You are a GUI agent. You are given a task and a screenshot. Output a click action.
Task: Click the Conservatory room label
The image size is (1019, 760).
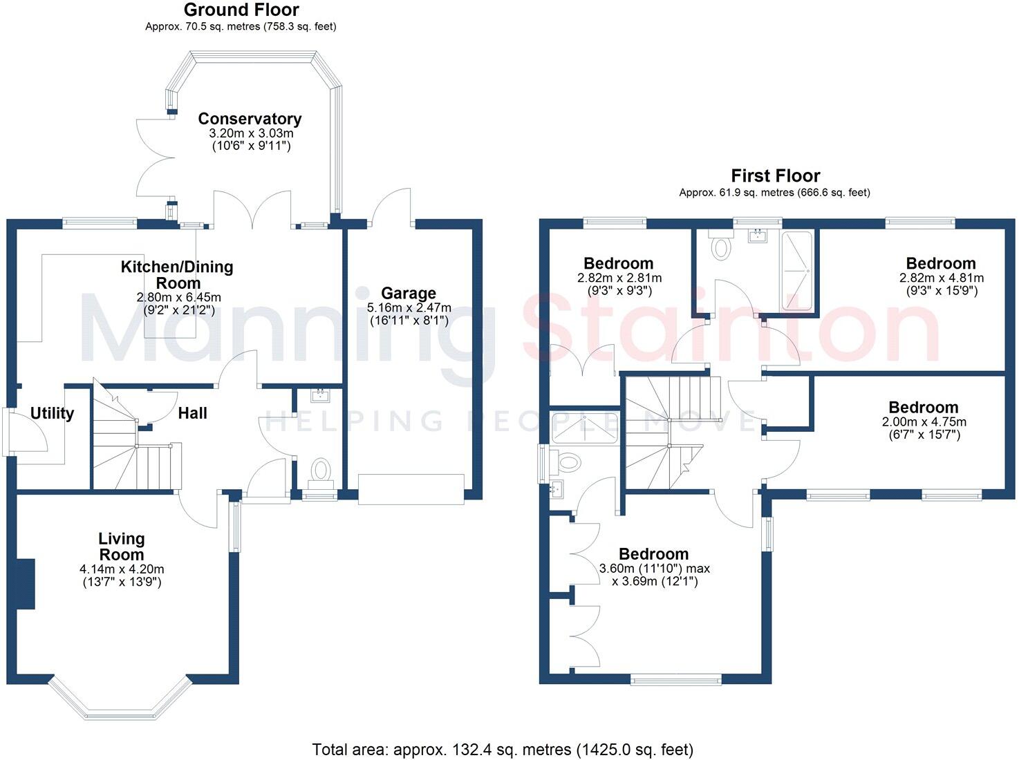[x=250, y=119]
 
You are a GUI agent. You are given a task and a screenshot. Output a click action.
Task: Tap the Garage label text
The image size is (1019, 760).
[x=408, y=294]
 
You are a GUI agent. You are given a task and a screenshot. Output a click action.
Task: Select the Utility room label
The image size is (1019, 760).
[x=52, y=413]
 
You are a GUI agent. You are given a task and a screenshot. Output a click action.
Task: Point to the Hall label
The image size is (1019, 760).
[x=192, y=413]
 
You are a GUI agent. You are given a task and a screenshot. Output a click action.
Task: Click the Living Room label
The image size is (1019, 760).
[x=122, y=547]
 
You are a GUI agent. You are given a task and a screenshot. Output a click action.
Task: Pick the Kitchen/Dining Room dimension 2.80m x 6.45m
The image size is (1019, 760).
[x=179, y=297]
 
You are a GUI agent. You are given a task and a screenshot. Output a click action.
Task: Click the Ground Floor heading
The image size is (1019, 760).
[x=241, y=10]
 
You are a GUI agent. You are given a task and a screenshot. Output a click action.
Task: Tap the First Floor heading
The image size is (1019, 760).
[x=775, y=176]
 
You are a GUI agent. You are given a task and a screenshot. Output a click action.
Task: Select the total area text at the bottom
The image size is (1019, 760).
[x=503, y=749]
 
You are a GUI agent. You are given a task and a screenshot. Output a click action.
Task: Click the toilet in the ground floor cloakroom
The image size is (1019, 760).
[x=320, y=471]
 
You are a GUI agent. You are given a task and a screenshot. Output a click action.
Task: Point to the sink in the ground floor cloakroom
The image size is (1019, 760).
[x=320, y=396]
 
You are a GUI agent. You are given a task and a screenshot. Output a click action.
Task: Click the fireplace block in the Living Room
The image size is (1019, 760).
[x=26, y=584]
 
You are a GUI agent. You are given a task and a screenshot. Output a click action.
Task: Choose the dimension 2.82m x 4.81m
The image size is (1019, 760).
[x=941, y=278]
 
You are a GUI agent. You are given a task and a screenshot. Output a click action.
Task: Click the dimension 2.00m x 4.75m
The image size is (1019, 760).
[x=924, y=421]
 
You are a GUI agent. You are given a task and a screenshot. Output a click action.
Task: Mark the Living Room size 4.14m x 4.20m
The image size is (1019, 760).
[x=122, y=569]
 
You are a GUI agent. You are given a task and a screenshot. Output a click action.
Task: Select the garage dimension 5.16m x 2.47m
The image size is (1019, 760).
[x=409, y=307]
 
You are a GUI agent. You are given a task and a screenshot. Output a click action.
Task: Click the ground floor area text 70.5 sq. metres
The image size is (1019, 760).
[x=241, y=27]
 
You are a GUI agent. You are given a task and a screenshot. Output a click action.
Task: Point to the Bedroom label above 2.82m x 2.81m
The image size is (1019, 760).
[x=618, y=263]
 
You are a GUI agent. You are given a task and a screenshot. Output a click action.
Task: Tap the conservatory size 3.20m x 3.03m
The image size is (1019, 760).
[x=250, y=133]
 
